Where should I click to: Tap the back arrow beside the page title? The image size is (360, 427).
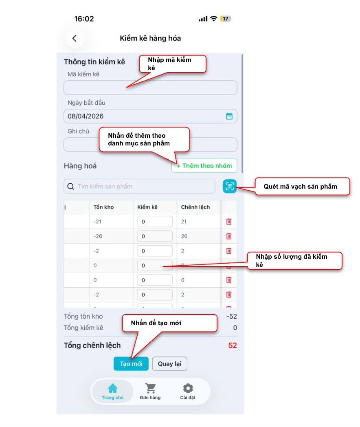click(x=74, y=38)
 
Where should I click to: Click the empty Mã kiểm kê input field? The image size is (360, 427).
click(x=150, y=88)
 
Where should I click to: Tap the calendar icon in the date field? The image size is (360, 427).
click(x=229, y=116)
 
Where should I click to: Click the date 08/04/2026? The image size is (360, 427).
click(x=86, y=116)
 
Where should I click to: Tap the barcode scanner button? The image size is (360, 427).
click(x=230, y=186)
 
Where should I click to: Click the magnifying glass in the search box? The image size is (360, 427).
click(x=71, y=187)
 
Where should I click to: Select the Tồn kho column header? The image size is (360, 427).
click(x=104, y=207)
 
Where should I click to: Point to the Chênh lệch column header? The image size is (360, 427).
click(x=195, y=207)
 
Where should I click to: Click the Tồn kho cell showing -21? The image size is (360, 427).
click(x=97, y=222)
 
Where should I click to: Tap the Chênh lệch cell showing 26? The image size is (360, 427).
click(x=184, y=236)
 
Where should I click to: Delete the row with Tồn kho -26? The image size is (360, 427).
click(x=229, y=236)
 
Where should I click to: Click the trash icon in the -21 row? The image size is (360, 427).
click(x=229, y=222)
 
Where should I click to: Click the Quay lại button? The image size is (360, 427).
click(x=169, y=364)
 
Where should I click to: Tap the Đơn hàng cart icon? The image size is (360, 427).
click(x=151, y=388)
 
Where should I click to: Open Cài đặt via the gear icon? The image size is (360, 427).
click(x=188, y=388)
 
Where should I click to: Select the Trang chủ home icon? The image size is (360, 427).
click(x=113, y=388)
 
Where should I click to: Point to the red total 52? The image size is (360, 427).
click(x=233, y=346)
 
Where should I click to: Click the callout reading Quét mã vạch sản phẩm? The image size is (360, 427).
click(x=302, y=187)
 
